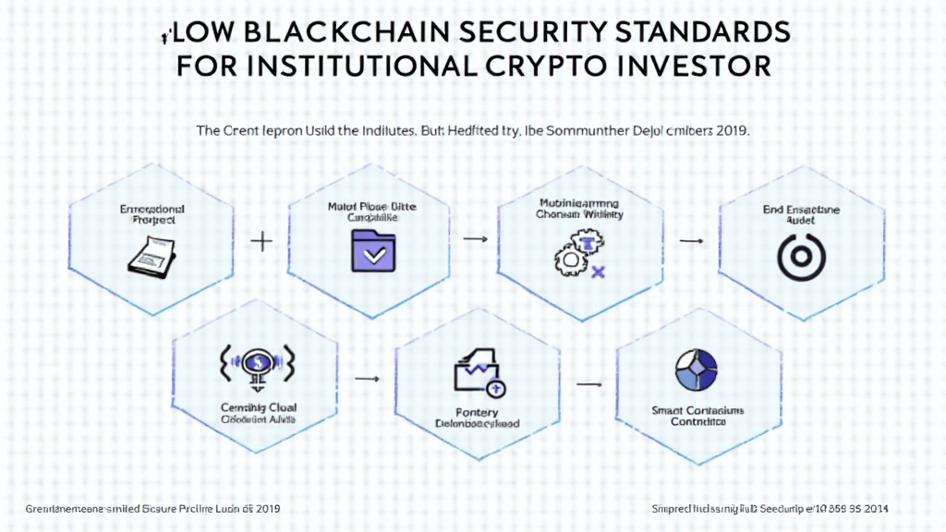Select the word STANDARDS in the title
pyautogui.click(x=707, y=31)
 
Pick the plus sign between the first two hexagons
pyautogui.click(x=261, y=242)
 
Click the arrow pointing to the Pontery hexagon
pyautogui.click(x=367, y=378)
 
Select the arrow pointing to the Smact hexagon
pyautogui.click(x=588, y=381)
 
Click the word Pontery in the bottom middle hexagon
pyautogui.click(x=478, y=412)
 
